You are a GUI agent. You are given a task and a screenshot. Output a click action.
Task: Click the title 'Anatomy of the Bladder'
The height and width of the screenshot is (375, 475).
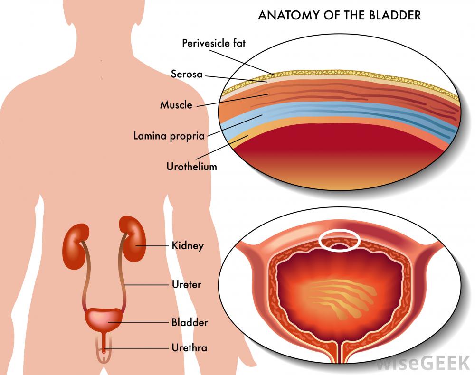click(339, 15)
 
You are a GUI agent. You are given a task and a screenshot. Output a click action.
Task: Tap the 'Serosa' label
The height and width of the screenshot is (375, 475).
click(187, 74)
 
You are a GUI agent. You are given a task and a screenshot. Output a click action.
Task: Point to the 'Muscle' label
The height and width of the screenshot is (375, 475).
click(176, 105)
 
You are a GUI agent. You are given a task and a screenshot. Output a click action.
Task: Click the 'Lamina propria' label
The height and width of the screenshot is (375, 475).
click(169, 136)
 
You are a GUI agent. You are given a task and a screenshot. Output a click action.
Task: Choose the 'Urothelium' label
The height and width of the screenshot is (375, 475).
click(191, 167)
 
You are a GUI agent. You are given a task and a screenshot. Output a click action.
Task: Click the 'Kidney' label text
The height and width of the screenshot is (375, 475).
click(188, 246)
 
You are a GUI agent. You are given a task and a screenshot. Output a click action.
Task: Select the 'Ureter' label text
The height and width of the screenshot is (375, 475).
click(186, 285)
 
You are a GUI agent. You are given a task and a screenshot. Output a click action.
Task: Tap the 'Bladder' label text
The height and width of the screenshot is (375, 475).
click(190, 323)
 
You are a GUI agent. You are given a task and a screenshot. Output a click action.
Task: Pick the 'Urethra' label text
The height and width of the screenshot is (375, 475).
click(189, 348)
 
